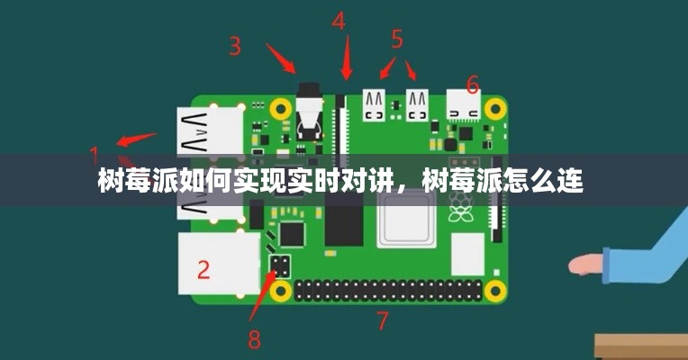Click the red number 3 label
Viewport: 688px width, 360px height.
pos(235,46)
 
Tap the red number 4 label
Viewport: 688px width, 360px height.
pos(339,21)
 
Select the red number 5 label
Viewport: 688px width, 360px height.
pos(396,39)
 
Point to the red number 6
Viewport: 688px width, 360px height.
pos(473,85)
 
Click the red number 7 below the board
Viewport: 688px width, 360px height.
pos(383,320)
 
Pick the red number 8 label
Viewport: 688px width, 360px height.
pos(255,339)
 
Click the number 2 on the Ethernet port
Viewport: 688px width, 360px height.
pos(204,270)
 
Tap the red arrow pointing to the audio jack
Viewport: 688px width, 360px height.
pos(280,58)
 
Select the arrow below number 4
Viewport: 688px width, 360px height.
pos(347,58)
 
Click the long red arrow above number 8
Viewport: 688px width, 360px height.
pos(263,296)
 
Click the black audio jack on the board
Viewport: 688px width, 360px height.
pos(309,112)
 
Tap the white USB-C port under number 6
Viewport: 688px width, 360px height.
pos(464,104)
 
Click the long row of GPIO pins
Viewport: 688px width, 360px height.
pos(387,291)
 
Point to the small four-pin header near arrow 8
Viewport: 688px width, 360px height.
pos(280,265)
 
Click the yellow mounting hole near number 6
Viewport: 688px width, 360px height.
pos(495,107)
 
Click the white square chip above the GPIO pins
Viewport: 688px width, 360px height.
pos(467,254)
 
